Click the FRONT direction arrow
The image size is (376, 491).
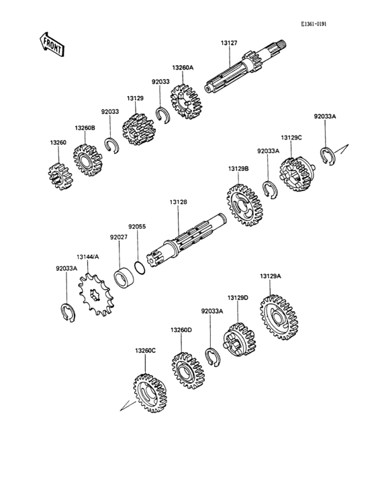(52, 44)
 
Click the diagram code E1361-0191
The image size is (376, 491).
(314, 24)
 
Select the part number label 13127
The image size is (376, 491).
(229, 43)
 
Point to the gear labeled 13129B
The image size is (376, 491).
(244, 205)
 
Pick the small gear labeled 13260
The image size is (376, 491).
(60, 176)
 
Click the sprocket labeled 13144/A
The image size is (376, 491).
(96, 294)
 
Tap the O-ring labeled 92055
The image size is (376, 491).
(140, 268)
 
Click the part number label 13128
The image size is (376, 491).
(179, 203)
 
